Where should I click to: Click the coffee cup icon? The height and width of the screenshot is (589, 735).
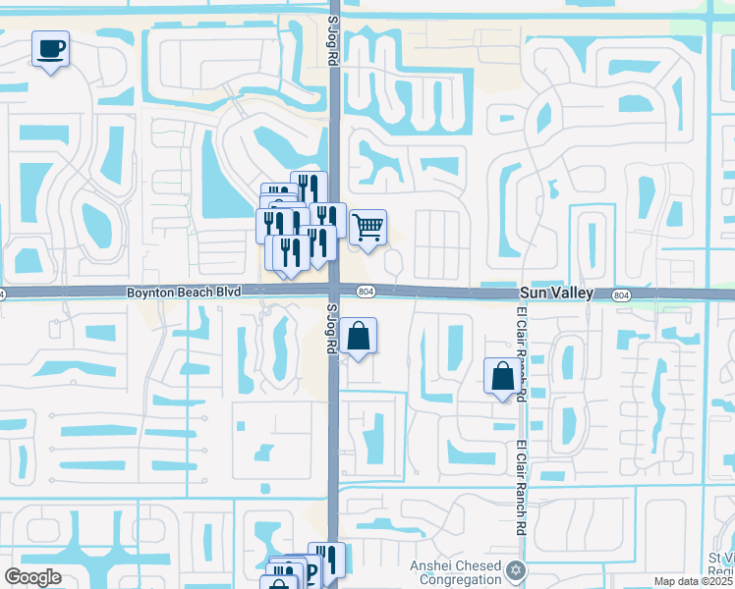50,47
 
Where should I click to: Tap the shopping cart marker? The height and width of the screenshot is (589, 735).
367,227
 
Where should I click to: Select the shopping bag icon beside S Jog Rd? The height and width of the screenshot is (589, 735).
361,336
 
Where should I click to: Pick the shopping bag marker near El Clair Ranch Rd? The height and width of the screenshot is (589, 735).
502,376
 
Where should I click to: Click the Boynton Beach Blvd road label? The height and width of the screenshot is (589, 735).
184,293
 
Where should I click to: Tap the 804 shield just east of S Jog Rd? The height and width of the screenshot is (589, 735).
366,292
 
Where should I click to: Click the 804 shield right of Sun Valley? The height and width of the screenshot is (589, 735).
620,294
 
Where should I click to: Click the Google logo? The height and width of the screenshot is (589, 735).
32,577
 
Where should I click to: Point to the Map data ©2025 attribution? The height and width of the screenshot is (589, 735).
694,581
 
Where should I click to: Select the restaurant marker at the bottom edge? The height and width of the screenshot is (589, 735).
327,561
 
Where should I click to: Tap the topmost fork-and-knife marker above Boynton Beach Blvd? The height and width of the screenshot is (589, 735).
309,187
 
